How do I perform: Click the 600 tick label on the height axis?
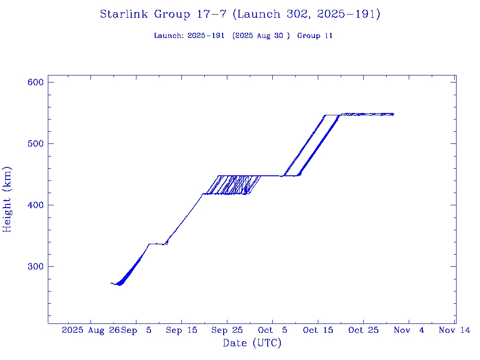[36, 82]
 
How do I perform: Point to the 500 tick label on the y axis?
[36, 143]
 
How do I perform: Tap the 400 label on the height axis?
[36, 205]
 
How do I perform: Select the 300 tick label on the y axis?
[36, 266]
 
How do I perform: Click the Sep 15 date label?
[181, 330]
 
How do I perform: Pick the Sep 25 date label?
[227, 330]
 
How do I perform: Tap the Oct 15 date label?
[318, 330]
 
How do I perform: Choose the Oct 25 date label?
[363, 330]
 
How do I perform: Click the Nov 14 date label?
[455, 330]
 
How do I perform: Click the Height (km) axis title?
[7, 199]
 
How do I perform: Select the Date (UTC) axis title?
[252, 343]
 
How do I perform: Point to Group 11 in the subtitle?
[315, 36]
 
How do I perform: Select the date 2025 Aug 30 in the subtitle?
[259, 36]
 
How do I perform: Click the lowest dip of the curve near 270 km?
[120, 285]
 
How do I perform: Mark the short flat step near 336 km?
[156, 244]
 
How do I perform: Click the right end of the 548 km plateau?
[393, 114]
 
